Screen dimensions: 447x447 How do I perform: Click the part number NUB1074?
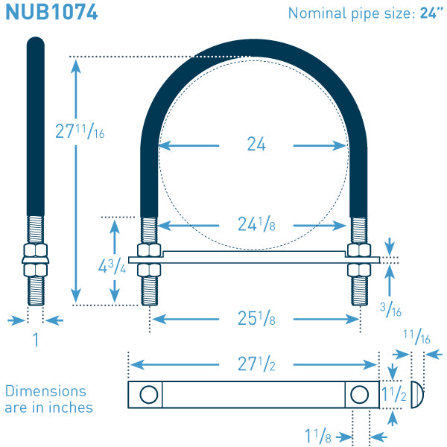click(x=51, y=12)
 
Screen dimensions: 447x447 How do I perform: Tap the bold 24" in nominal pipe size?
click(x=431, y=13)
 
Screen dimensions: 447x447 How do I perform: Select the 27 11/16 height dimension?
click(x=80, y=131)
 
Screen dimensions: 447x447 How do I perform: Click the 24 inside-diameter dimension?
click(x=256, y=144)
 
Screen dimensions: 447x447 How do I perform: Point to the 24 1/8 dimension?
click(x=256, y=224)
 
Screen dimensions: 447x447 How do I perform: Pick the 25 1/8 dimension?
click(x=256, y=318)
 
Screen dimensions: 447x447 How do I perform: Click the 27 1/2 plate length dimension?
click(x=256, y=364)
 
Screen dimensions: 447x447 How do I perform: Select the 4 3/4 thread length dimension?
click(x=112, y=266)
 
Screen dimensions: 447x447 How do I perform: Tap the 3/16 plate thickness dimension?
click(x=390, y=309)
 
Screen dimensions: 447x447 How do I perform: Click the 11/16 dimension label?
click(x=416, y=337)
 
